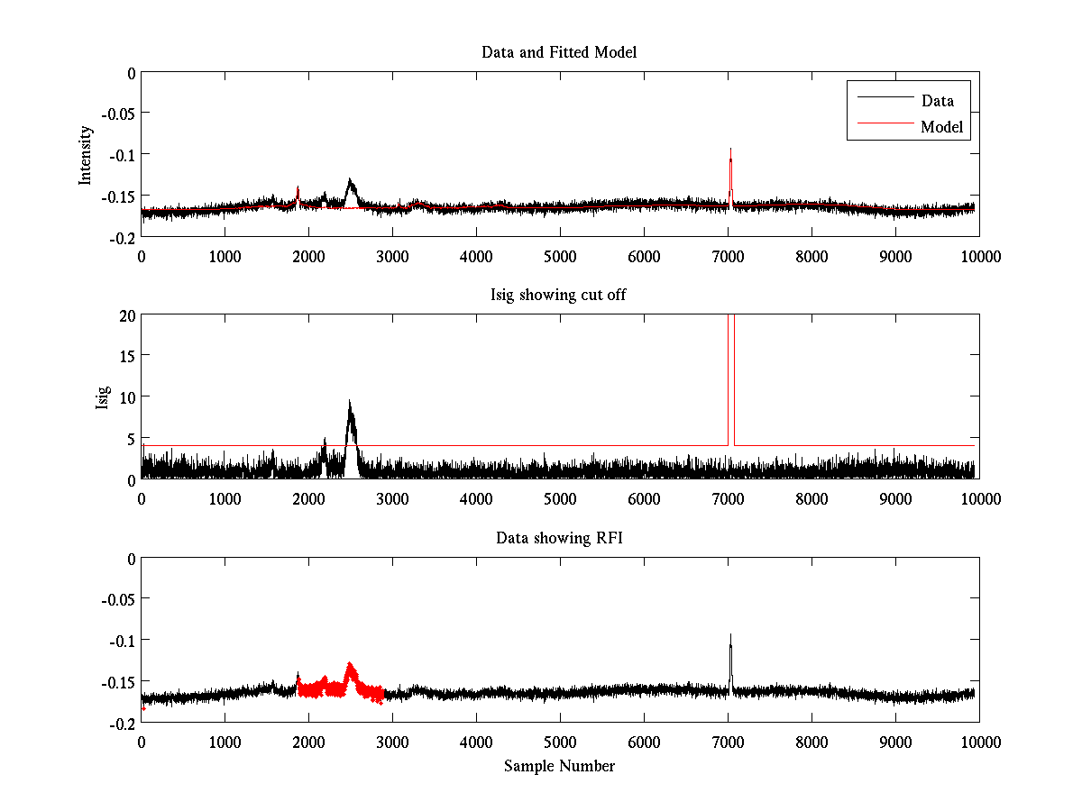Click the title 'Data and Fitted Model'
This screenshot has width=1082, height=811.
pos(559,52)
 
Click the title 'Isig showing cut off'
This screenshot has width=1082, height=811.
pos(559,296)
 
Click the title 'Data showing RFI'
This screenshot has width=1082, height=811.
pos(559,538)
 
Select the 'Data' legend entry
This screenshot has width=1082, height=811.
pos(937,100)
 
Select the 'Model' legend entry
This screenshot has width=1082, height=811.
pos(942,127)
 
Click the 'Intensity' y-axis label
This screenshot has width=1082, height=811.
pos(86,155)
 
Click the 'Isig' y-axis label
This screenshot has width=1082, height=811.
pos(103,397)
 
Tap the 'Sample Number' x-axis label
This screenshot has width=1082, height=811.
pos(559,766)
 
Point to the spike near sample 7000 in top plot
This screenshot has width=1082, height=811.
pos(730,158)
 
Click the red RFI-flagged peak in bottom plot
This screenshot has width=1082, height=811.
pos(350,668)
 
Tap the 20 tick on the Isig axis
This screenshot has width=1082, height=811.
pos(127,314)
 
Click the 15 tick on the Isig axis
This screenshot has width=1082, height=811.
pos(127,356)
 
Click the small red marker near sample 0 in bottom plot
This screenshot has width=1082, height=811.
pos(143,709)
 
